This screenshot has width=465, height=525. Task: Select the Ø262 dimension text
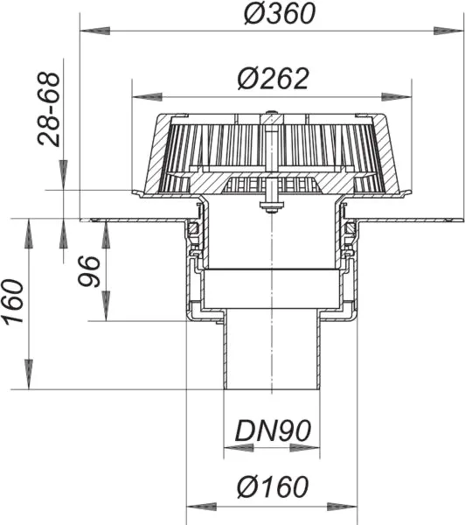tap(273, 79)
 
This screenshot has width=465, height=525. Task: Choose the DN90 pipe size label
tap(272, 430)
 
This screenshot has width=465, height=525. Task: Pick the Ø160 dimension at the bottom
tap(271, 486)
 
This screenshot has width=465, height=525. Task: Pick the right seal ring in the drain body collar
tap(350, 229)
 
